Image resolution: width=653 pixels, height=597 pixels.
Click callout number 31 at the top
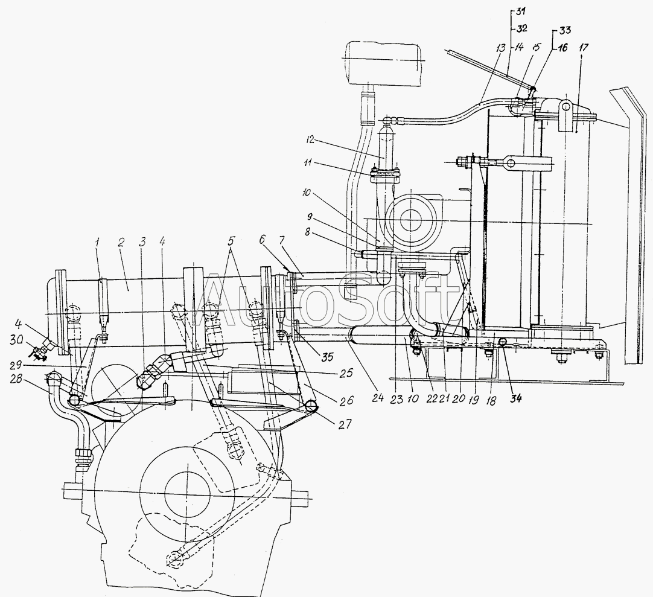pos(521,11)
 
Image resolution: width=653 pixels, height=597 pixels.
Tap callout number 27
pos(346,424)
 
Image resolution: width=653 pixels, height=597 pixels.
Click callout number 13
pos(500,48)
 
